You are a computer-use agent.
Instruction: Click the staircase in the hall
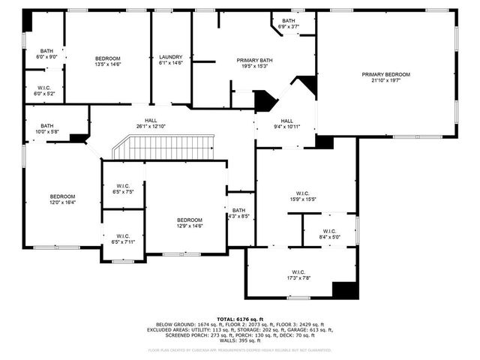point(163,147)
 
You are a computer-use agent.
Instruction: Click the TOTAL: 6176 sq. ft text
point(240,319)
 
